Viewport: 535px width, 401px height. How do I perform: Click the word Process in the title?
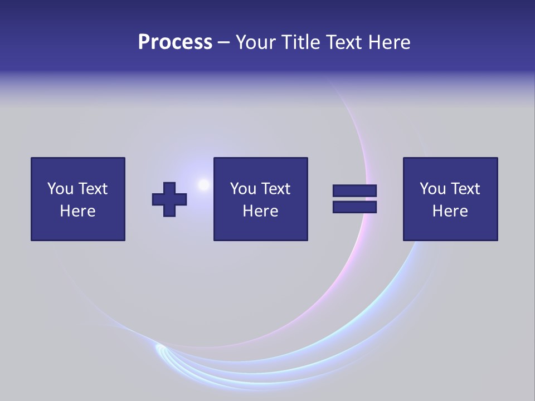click(175, 42)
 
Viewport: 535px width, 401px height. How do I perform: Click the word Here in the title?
click(389, 42)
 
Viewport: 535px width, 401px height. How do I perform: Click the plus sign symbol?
click(169, 199)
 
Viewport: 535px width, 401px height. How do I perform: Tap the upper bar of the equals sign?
click(354, 191)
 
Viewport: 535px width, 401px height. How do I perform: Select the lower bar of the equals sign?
click(354, 207)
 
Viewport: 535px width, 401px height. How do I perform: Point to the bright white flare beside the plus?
click(203, 184)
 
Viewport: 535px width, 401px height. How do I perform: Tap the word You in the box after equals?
click(432, 189)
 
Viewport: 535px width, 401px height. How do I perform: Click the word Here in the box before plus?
click(78, 211)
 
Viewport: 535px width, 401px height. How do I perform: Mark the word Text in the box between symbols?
click(276, 189)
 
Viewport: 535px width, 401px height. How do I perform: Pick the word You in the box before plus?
click(60, 189)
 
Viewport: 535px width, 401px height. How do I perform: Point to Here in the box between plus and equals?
click(261, 211)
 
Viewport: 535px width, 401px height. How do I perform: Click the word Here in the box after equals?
click(450, 211)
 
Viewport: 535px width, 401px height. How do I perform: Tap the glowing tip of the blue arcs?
click(159, 349)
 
